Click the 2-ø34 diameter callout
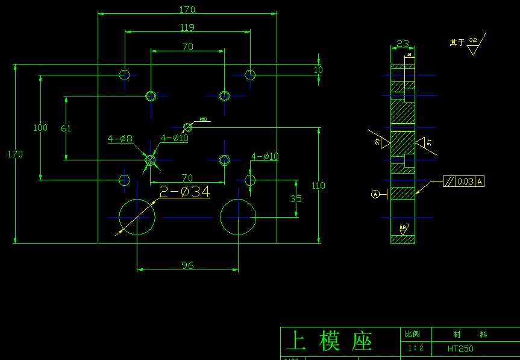(184, 192)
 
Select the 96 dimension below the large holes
(187, 265)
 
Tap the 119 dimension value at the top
(187, 27)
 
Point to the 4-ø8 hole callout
(120, 139)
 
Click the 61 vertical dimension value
(66, 128)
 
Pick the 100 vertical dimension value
(40, 128)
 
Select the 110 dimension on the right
(318, 186)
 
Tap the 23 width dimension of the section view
(403, 43)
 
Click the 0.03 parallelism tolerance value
(465, 181)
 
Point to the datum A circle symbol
(375, 194)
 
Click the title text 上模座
(329, 341)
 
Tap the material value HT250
(460, 349)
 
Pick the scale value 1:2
(416, 348)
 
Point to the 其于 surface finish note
(457, 42)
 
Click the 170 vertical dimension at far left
(15, 154)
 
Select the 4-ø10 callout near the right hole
(265, 157)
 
